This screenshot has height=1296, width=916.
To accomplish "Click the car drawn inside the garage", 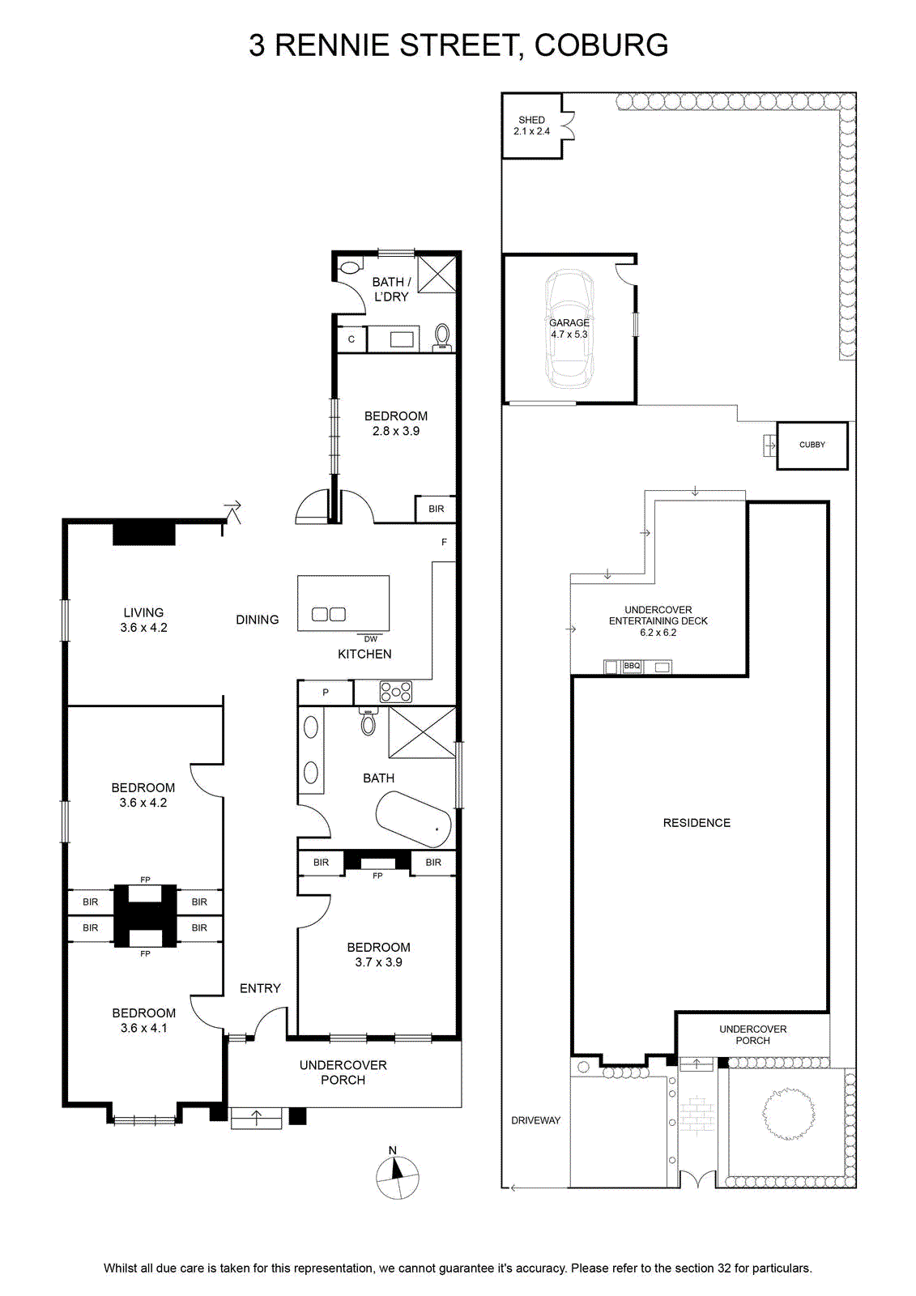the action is click(x=569, y=329).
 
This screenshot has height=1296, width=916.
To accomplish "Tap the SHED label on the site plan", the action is click(x=531, y=120).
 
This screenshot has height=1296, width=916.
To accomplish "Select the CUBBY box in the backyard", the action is click(x=812, y=445).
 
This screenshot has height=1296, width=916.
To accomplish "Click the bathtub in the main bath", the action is click(x=413, y=819).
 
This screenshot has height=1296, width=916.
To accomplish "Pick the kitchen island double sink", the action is click(x=329, y=614).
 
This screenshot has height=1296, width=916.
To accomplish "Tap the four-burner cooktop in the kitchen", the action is click(x=395, y=692).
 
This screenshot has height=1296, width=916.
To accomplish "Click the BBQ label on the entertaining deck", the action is click(x=631, y=666).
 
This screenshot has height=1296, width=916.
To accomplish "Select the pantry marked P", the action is click(x=326, y=693).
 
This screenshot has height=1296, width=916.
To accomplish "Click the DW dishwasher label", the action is click(x=370, y=639).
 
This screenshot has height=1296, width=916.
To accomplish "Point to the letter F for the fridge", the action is click(x=444, y=542).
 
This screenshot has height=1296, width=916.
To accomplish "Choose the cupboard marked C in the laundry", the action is click(x=351, y=339).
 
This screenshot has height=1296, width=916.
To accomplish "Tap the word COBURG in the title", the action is click(x=601, y=45).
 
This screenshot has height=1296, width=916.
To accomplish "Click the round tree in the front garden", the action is click(x=790, y=1113).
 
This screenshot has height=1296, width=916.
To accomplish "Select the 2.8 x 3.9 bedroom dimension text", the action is click(x=396, y=431).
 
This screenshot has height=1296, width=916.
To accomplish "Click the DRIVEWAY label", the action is click(x=536, y=1120).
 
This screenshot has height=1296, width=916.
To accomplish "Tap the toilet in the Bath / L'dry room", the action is click(x=442, y=337).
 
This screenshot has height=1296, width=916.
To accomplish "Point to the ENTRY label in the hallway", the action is click(x=260, y=988).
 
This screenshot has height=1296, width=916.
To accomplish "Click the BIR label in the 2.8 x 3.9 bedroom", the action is click(x=437, y=509).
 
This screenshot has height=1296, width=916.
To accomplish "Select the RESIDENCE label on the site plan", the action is click(x=697, y=823).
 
